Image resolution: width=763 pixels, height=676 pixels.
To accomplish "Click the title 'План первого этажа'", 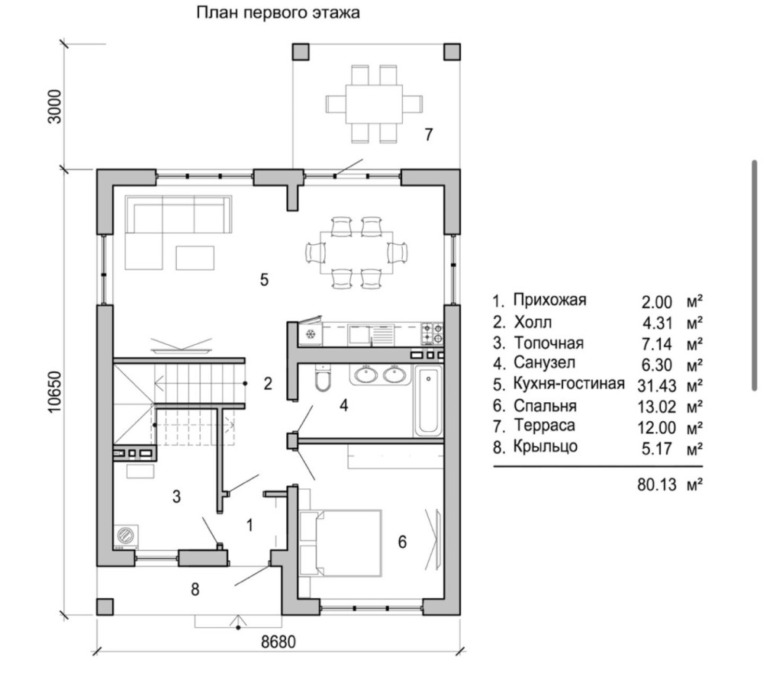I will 278,13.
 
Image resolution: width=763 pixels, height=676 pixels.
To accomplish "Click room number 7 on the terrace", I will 429,135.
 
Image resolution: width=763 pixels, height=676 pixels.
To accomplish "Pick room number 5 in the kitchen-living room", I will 264,279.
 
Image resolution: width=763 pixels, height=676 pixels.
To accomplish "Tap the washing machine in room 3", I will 124,536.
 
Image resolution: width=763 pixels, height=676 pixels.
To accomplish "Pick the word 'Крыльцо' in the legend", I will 546,446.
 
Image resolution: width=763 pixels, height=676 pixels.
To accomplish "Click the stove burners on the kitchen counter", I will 432,333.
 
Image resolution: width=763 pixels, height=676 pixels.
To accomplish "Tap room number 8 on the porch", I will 195,589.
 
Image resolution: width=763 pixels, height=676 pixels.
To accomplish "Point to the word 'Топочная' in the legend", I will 548,342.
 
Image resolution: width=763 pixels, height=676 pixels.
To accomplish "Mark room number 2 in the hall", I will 268,384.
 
